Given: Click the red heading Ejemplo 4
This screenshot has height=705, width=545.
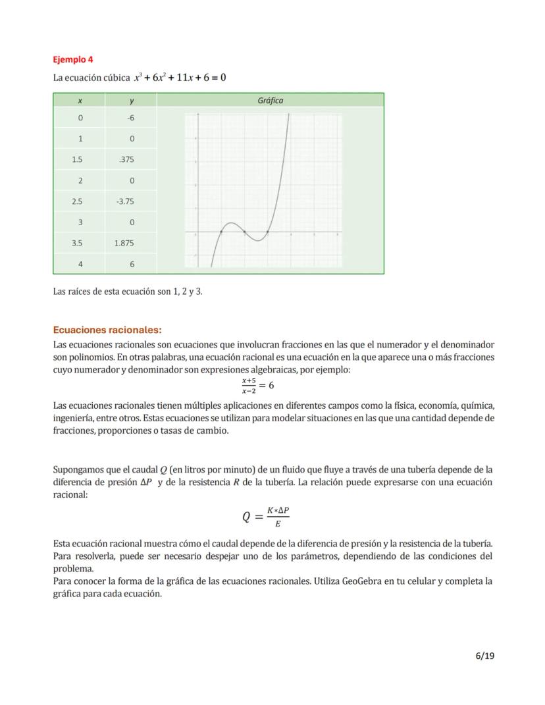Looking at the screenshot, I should pos(73,60).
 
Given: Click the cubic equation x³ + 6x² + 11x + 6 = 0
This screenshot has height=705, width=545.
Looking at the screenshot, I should pos(180,78).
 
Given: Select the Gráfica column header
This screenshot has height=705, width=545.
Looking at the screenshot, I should pos(270,101).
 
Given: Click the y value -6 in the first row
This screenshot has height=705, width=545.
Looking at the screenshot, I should pos(130,118).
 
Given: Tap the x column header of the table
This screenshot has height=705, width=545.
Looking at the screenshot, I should pos(80,101).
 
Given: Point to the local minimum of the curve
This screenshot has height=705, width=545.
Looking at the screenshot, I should pos(257,240).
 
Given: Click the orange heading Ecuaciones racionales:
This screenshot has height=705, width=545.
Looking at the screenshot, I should pos(107,330).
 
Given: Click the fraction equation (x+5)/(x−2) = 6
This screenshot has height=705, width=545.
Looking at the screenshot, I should pos(257,385).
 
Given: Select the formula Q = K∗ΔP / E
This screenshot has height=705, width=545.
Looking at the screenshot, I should pos(266,517).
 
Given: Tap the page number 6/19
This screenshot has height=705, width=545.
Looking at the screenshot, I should pos(484,655).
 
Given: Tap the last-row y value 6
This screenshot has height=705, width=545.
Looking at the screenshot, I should pos(132,264).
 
